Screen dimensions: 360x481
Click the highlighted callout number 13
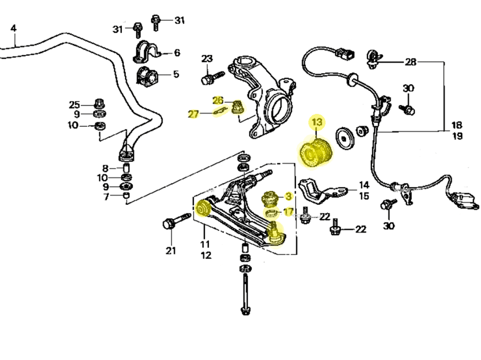tap(317, 123)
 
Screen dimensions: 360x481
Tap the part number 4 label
tap(13, 28)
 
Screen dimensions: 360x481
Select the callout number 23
tap(207, 59)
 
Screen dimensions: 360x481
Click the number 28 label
tap(410, 62)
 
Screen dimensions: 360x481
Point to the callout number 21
tap(171, 250)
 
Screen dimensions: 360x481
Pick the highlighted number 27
tap(193, 114)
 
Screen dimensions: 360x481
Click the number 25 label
tap(74, 104)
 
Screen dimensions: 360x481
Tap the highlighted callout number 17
tap(288, 211)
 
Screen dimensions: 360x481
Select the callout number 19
tap(457, 136)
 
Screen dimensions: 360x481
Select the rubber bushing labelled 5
tap(147, 76)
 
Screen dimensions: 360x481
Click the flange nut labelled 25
tap(100, 104)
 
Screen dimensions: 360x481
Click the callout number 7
tap(106, 196)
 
